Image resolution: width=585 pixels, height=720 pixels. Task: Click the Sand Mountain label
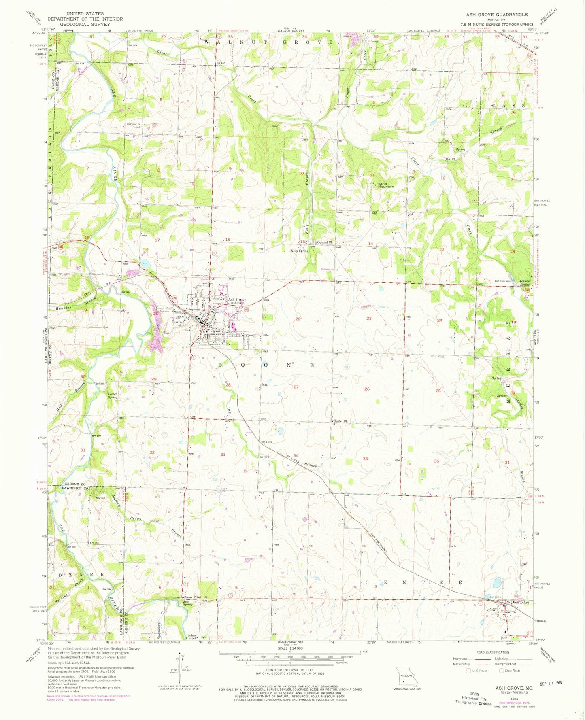click(386, 185)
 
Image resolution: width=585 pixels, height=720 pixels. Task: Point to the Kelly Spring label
click(299, 251)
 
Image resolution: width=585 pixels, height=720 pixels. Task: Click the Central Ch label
click(325, 242)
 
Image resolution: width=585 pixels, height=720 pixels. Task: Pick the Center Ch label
click(340, 421)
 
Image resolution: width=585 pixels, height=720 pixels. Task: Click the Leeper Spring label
click(113, 395)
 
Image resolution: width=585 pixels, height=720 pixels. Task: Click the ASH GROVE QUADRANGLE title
click(497, 14)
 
